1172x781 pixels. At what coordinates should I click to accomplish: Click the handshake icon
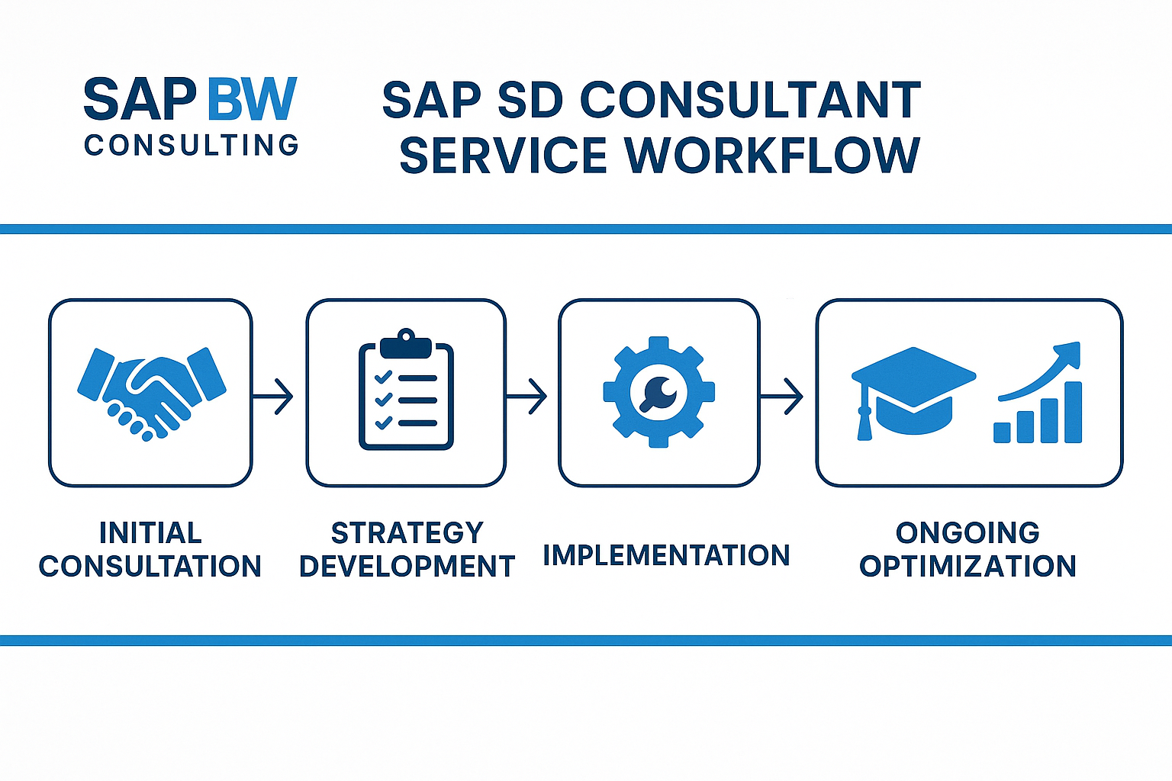click(x=152, y=393)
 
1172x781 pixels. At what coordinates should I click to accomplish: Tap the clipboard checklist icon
click(x=406, y=390)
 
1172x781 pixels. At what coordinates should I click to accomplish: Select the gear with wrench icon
click(x=658, y=392)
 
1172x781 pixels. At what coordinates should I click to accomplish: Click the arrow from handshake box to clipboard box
click(x=274, y=396)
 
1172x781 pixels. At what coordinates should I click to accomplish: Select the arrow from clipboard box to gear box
click(x=527, y=396)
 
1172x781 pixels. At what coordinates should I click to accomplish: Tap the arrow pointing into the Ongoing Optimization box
click(x=783, y=396)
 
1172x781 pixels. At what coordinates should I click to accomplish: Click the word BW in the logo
click(x=251, y=99)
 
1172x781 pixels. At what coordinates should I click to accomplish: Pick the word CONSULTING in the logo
click(x=192, y=146)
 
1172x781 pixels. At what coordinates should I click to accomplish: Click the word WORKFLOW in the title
click(x=772, y=156)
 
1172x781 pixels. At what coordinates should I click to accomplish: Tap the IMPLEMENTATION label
click(x=666, y=555)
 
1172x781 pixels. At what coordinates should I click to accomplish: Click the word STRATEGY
click(x=407, y=532)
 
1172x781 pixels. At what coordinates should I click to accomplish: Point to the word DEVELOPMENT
click(x=407, y=567)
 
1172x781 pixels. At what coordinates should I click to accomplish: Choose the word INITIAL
click(x=150, y=532)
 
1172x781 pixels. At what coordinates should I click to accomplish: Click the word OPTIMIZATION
click(x=968, y=567)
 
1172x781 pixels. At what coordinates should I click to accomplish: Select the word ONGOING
click(x=968, y=532)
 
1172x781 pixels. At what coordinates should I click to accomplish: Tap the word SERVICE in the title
click(x=503, y=156)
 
